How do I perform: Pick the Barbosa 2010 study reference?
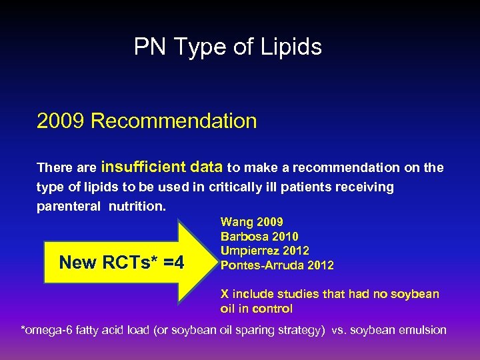coord(259,237)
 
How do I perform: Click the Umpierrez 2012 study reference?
coord(265,251)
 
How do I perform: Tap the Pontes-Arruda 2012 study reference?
coord(277,265)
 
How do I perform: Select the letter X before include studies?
coord(225,294)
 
